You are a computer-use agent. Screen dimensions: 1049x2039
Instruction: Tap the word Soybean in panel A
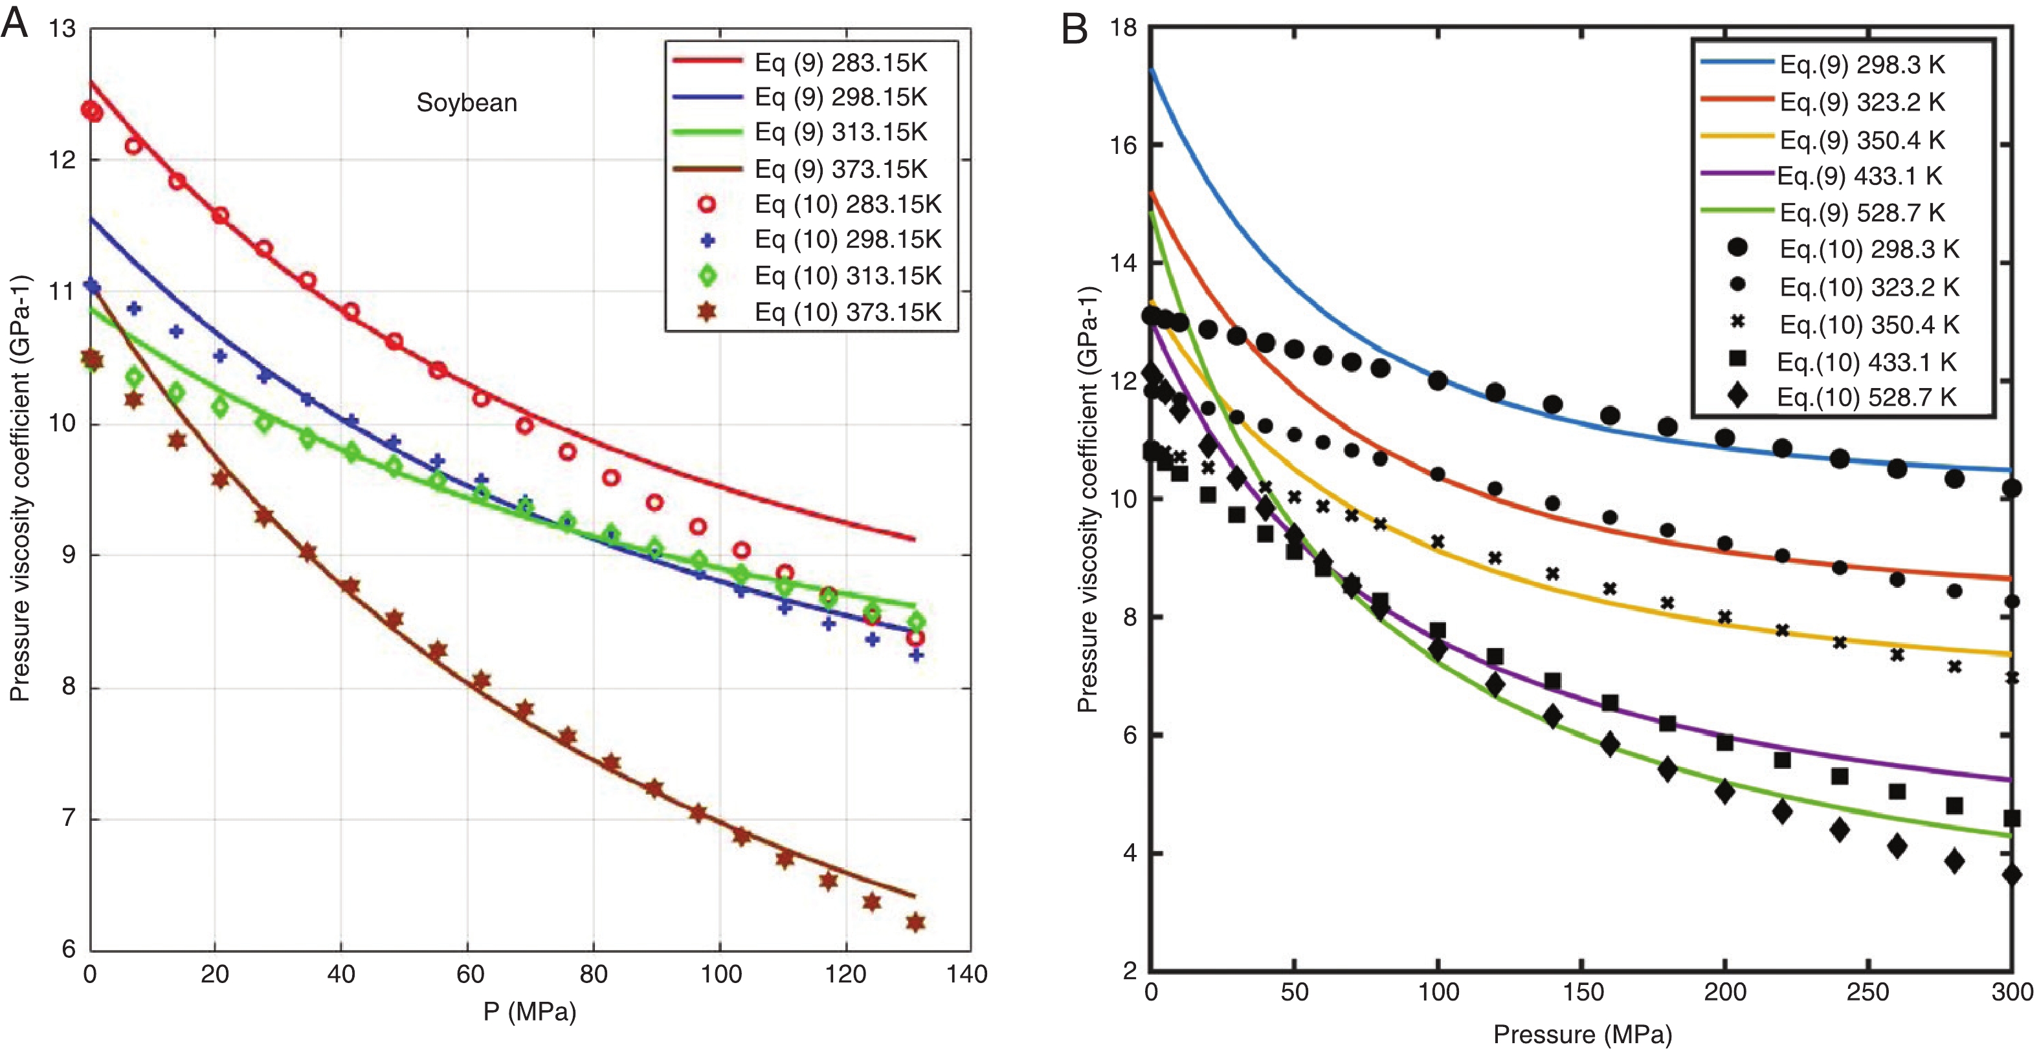pyautogui.click(x=466, y=103)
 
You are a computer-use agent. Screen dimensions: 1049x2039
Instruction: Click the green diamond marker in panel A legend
pyautogui.click(x=707, y=276)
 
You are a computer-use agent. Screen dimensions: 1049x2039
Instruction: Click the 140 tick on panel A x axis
pyautogui.click(x=966, y=974)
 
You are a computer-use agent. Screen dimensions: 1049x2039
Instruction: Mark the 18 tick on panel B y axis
pyautogui.click(x=1122, y=28)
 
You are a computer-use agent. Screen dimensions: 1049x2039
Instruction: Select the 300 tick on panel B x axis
pyautogui.click(x=2011, y=992)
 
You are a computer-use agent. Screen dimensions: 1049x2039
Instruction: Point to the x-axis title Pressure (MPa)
pyautogui.click(x=1582, y=1034)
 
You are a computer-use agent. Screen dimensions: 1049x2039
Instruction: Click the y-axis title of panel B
pyautogui.click(x=1087, y=499)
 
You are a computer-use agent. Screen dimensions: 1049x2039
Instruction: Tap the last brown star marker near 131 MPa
pyautogui.click(x=916, y=922)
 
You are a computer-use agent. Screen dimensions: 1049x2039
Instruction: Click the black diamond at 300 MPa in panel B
pyautogui.click(x=2011, y=875)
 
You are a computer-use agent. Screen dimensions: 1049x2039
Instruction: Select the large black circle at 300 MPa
pyautogui.click(x=2011, y=488)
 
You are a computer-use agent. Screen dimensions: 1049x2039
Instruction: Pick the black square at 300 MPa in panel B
pyautogui.click(x=2011, y=818)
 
